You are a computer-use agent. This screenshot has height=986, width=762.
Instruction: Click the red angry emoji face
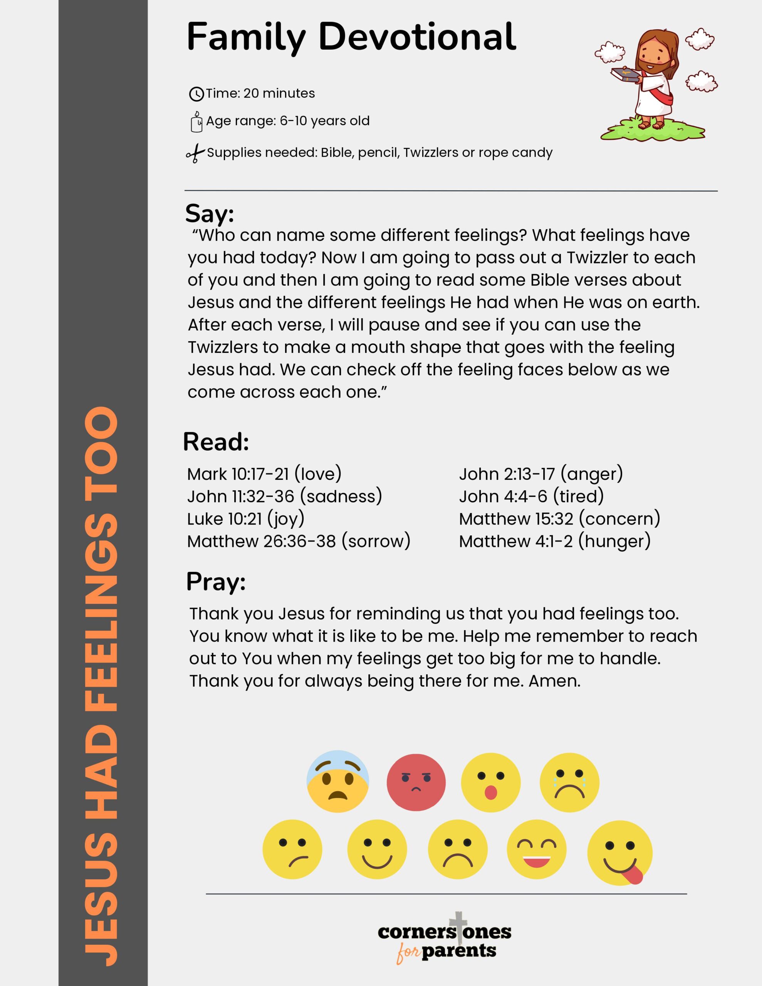pos(416,782)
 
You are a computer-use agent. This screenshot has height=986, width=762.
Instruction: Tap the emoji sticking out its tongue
pos(620,853)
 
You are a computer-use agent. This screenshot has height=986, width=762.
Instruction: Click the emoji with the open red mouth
pos(490,782)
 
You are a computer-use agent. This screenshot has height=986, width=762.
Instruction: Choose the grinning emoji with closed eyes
pos(536,849)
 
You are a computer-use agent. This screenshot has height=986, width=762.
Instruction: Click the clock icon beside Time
pos(196,94)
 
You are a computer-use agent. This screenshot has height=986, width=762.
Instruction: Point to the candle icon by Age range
pos(196,122)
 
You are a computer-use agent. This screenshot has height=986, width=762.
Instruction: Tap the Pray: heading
pos(216,582)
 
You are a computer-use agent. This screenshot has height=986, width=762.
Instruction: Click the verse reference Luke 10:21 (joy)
pos(246,519)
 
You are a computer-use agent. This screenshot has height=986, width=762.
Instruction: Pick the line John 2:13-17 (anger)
pos(540,474)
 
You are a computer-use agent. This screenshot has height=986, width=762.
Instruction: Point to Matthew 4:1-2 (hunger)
pos(555,541)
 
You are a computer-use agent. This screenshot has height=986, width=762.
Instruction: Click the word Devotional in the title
pos(417,37)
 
